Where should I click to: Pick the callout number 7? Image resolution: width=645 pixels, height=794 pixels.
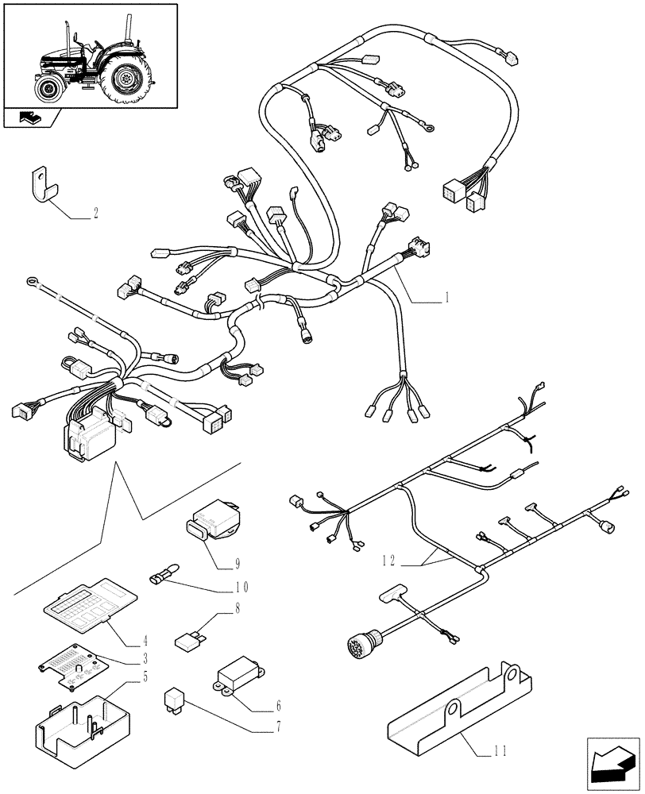tap(278, 727)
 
